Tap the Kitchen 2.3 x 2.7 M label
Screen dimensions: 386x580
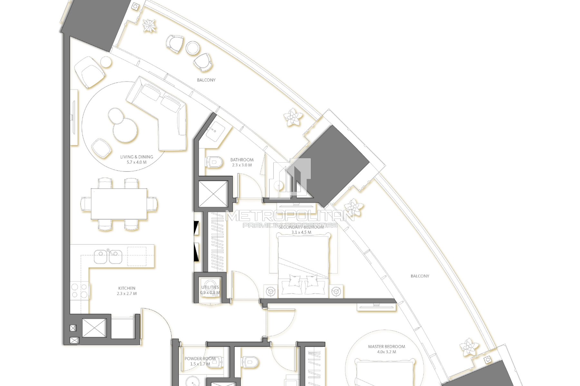click(127, 291)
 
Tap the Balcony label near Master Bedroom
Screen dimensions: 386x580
click(420, 276)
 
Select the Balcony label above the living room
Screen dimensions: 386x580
click(206, 80)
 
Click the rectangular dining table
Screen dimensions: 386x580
click(119, 204)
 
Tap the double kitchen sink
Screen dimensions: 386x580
click(108, 257)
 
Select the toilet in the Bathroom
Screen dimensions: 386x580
click(214, 162)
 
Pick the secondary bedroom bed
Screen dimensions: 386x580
click(303, 261)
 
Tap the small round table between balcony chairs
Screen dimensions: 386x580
click(193, 48)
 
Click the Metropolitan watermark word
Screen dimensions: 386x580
click(290, 216)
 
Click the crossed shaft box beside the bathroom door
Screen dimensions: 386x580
click(213, 194)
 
